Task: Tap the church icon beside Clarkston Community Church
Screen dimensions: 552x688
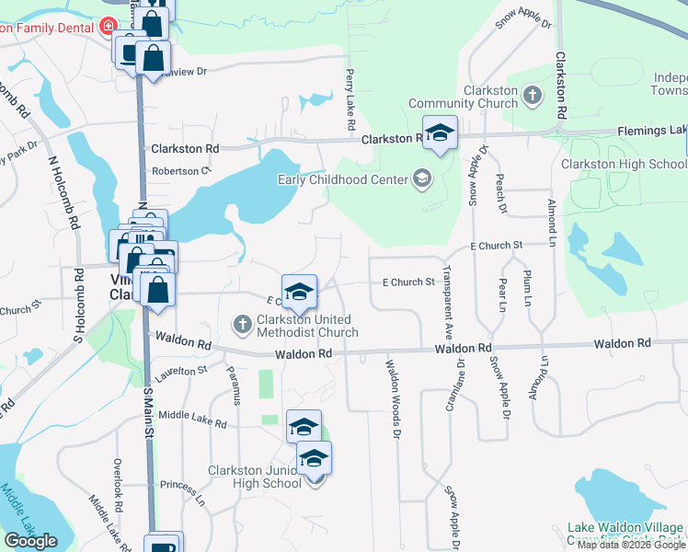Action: pyautogui.click(x=532, y=94)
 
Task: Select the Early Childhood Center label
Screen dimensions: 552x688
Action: pyautogui.click(x=344, y=178)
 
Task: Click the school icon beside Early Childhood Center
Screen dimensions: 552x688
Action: pyautogui.click(x=422, y=178)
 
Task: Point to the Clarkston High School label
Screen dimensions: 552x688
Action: pyautogui.click(x=624, y=164)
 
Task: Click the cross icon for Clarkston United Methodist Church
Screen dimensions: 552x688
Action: pyautogui.click(x=242, y=323)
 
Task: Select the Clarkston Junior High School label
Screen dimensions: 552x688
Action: pyautogui.click(x=254, y=477)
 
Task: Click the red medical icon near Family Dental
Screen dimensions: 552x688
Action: pyautogui.click(x=108, y=26)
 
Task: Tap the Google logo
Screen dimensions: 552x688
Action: pyautogui.click(x=30, y=541)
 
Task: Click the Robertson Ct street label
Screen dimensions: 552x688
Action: pyautogui.click(x=181, y=171)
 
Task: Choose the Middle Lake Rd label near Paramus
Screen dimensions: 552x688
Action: pyautogui.click(x=192, y=420)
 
